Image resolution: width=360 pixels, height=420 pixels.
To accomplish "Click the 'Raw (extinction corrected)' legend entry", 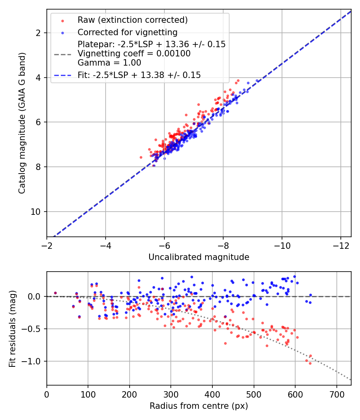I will (132, 20).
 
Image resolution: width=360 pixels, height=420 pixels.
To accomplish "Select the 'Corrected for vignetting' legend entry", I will (127, 32).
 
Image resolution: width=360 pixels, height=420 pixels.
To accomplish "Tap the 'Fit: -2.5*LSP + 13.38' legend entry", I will (139, 75).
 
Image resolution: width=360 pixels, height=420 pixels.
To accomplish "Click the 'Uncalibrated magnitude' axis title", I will (199, 257).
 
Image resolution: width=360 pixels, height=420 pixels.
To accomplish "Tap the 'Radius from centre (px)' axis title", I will (199, 406).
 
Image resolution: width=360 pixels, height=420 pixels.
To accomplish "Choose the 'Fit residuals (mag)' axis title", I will (12, 328).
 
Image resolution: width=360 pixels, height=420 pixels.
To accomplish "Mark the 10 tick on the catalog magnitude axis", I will (37, 212).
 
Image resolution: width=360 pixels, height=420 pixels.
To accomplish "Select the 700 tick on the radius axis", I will (336, 395).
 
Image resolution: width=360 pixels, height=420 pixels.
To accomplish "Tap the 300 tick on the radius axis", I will (171, 395).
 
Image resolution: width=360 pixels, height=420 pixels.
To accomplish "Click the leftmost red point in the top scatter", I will (141, 157).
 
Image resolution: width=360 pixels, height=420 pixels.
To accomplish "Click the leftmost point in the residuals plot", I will (55, 293).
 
